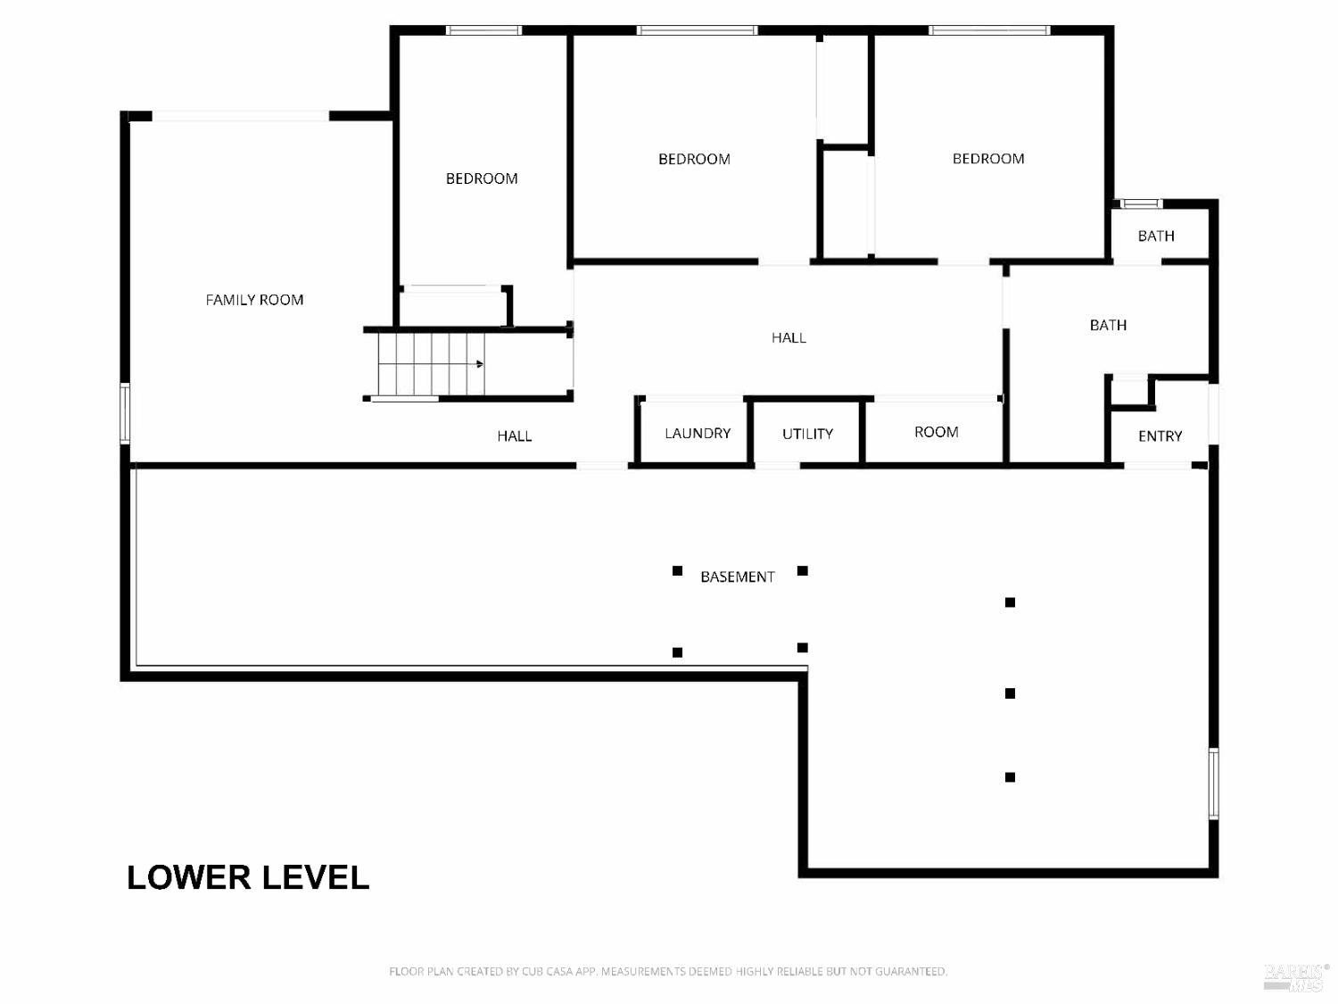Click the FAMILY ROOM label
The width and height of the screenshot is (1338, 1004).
tap(254, 300)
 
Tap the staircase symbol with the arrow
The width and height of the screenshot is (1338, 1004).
tap(431, 364)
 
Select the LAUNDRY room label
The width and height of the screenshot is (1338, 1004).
tap(698, 433)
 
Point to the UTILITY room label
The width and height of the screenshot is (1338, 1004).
tap(807, 434)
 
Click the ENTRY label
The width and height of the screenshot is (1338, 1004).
tap(1160, 436)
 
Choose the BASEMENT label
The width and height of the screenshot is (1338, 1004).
tap(737, 577)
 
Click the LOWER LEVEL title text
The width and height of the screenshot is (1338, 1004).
tap(248, 877)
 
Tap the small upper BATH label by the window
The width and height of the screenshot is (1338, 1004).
tap(1155, 236)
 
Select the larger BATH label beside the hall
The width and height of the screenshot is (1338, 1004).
tap(1108, 325)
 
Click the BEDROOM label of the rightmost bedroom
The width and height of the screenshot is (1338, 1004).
tap(987, 159)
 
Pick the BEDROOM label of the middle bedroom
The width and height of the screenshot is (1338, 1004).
tap(694, 159)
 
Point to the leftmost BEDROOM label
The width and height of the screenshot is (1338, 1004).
tap(482, 178)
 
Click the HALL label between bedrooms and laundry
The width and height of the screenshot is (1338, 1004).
tap(789, 337)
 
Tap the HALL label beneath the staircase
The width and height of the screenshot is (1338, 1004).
tap(514, 436)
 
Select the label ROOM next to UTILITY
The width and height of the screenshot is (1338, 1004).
tap(936, 432)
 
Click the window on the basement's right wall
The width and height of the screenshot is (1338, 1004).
tap(1213, 784)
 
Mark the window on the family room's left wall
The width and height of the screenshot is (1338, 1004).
tap(125, 412)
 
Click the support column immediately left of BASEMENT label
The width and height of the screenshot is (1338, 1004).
tap(677, 570)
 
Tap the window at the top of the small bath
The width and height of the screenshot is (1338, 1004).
tap(1141, 203)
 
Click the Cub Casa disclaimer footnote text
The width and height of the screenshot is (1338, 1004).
tap(667, 971)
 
